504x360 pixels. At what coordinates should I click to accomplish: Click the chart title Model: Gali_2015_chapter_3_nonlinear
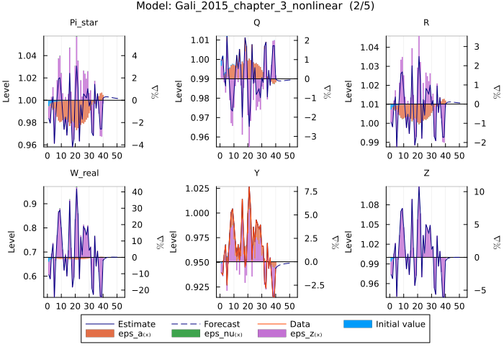252,6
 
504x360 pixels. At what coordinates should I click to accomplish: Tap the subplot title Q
257,22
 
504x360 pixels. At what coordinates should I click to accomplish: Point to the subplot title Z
428,174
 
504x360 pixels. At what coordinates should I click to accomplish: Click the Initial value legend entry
400,324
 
